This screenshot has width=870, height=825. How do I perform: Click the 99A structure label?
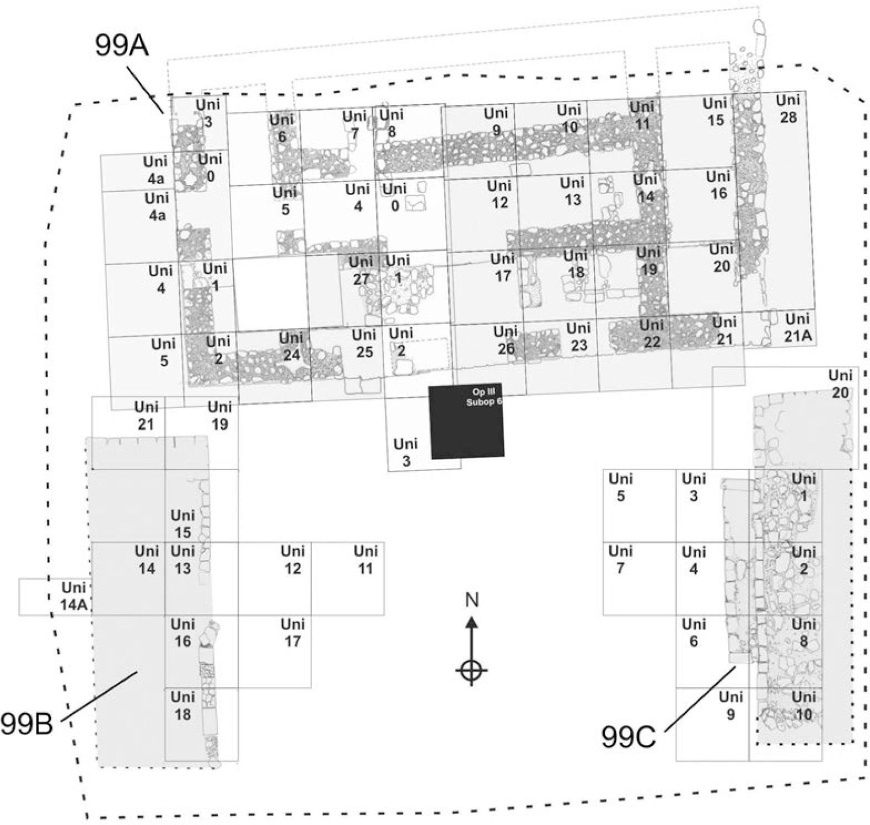pos(121,45)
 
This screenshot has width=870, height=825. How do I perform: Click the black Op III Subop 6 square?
pos(466,422)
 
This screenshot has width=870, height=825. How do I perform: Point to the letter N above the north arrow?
pos(471,599)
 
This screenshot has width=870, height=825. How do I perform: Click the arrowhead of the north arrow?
pos(471,623)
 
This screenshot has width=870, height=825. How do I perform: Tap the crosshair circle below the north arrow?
pos(471,671)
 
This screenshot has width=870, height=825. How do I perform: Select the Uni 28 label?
pos(787,109)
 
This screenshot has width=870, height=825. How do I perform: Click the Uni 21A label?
pos(797,327)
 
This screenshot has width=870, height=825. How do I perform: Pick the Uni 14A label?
pos(74,596)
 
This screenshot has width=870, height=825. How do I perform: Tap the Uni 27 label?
pos(361,270)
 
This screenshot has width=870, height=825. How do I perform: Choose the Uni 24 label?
pos(291,346)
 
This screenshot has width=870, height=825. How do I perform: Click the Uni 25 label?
pos(364,343)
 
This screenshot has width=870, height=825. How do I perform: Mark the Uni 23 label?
pos(578,337)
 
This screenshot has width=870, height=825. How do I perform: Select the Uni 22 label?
pos(651,333)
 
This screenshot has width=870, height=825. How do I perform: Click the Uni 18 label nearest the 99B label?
pos(182,705)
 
